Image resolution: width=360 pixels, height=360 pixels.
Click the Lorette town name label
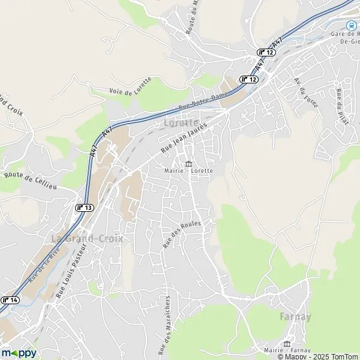[181, 123]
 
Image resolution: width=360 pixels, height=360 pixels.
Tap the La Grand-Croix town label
[87, 238]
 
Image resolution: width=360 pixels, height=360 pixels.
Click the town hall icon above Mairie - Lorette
[189, 163]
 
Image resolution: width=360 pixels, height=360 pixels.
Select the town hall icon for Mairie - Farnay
[287, 343]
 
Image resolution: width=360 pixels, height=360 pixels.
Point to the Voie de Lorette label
[131, 86]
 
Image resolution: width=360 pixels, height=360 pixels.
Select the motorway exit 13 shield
[85, 207]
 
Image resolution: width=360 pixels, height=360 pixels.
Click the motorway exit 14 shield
[10, 300]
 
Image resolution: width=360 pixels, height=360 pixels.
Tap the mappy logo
[19, 352]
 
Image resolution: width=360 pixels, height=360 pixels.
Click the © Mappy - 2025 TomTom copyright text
[318, 356]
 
